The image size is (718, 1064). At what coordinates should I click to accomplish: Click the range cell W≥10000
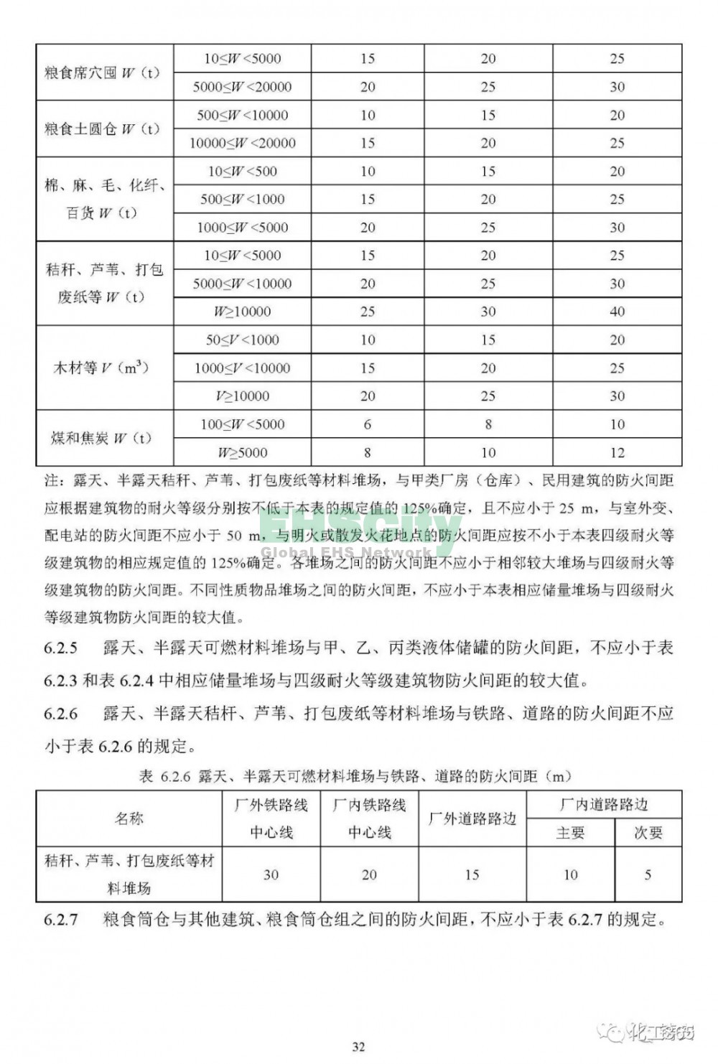tap(243, 312)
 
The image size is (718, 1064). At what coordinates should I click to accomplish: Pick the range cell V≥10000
tap(243, 396)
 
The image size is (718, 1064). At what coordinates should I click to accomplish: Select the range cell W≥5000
tap(243, 452)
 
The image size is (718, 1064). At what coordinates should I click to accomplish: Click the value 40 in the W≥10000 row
tap(617, 312)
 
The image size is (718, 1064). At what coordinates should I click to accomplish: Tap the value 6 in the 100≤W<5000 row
tap(368, 424)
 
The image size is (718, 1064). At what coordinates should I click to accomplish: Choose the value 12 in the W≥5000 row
tap(617, 452)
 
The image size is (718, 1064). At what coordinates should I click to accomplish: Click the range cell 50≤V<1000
tap(243, 340)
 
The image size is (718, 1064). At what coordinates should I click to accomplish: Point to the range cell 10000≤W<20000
tap(243, 143)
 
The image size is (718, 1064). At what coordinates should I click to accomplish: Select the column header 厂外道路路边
tap(472, 818)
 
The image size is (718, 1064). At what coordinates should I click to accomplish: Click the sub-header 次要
tap(648, 833)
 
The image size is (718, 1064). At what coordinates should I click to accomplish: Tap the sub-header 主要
tap(570, 833)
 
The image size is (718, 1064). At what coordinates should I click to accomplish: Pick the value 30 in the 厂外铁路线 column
tap(271, 874)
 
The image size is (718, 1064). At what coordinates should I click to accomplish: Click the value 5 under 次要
tap(648, 874)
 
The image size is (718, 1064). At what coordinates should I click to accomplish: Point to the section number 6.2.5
tap(60, 648)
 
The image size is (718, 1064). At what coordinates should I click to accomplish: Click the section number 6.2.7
tap(60, 920)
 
